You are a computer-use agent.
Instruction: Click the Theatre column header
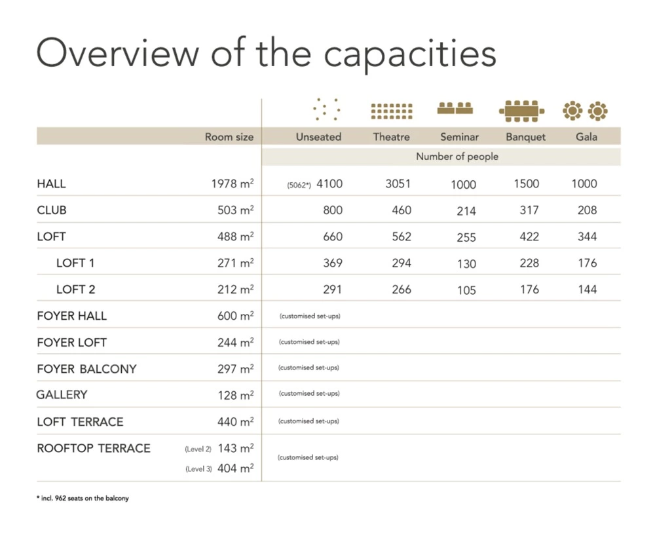(x=391, y=137)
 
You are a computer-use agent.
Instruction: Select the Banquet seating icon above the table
(x=521, y=111)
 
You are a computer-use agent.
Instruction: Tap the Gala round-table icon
(x=585, y=111)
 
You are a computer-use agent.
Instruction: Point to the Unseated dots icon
(x=326, y=109)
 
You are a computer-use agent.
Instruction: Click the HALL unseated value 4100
(x=329, y=184)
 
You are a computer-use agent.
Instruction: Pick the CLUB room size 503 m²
(x=235, y=210)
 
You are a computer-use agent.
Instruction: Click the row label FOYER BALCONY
(x=86, y=369)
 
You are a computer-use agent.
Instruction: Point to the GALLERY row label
(x=62, y=395)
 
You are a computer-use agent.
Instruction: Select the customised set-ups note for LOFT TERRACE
(x=309, y=421)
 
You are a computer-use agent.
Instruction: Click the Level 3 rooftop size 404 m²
(x=235, y=469)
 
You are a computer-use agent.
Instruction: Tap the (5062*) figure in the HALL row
(x=299, y=185)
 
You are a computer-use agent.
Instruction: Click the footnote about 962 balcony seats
(x=83, y=498)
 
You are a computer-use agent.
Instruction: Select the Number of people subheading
(x=457, y=157)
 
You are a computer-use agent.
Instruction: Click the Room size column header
(x=229, y=137)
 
